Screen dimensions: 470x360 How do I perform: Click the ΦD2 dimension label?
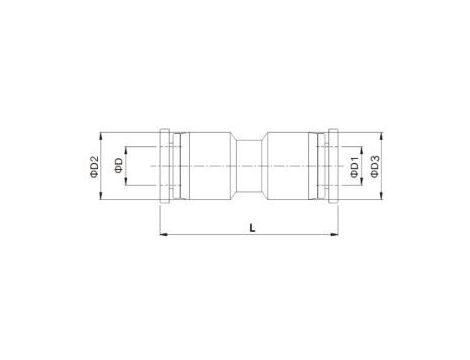pos(94,166)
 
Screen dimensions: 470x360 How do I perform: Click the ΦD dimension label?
pos(118,165)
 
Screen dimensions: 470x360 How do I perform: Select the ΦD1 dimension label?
pos(354,167)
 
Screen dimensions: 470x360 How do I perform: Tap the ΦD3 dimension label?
pos(375,166)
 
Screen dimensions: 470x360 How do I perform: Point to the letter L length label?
pos(253,228)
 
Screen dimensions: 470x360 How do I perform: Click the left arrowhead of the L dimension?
pos(163,235)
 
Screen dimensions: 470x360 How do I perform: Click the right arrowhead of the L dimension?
pos(335,235)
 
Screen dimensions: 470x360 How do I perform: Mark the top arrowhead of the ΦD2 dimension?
pos(100,136)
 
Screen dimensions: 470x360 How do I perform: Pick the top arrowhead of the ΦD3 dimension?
pos(382,136)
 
